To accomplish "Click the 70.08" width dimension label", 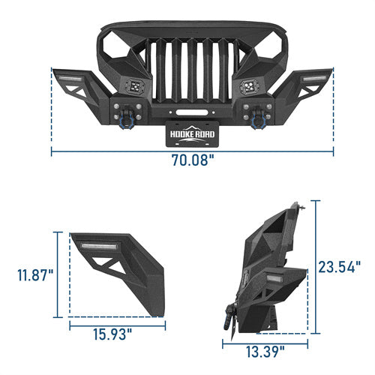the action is click(193, 160).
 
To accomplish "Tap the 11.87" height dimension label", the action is click(35, 275).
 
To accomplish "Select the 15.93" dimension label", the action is click(112, 334).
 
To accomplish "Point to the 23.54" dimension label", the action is click(340, 267).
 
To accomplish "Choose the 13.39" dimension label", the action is click(265, 352).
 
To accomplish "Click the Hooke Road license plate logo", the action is click(192, 134).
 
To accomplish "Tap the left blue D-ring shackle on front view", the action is click(127, 121).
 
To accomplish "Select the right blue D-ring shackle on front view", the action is click(257, 121).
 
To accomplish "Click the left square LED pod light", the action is click(135, 86).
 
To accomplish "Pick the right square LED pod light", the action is click(249, 86).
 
